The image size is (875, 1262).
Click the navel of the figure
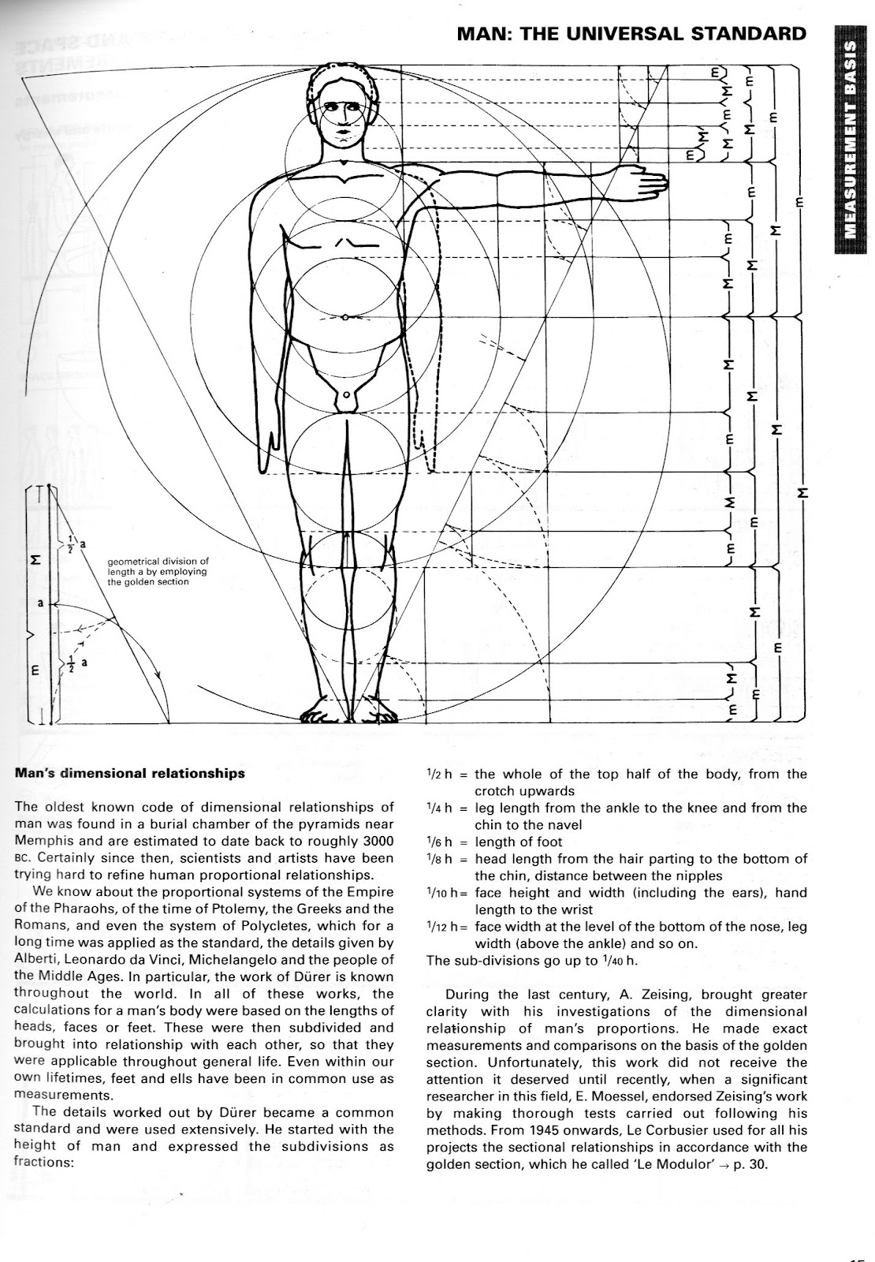coord(344,316)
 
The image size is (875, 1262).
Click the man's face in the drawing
coord(344,118)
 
